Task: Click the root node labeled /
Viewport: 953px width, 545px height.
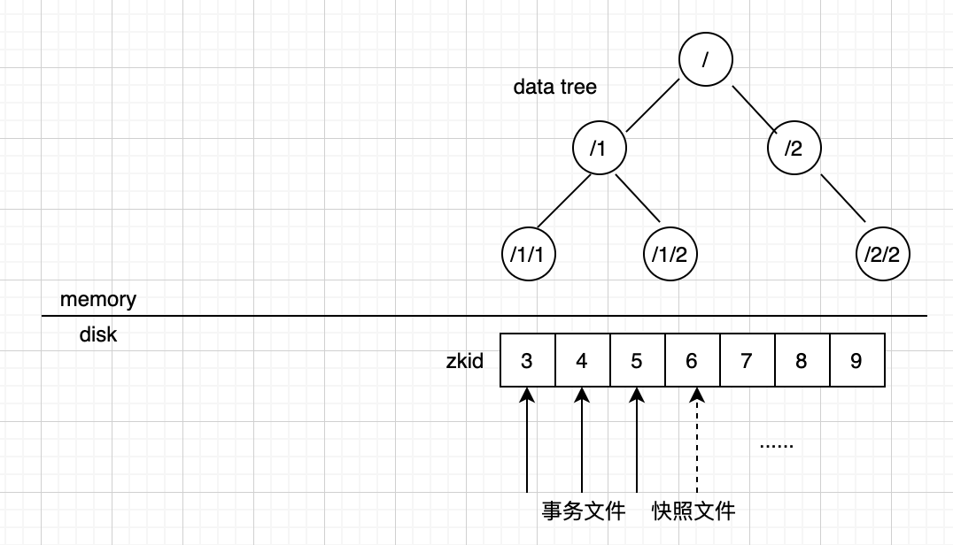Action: tap(706, 59)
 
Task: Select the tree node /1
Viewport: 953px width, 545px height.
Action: tap(600, 148)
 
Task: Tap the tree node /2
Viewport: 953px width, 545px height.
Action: tap(794, 148)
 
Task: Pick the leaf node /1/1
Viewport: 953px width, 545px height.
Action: tap(529, 255)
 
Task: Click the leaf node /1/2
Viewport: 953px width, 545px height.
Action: tap(670, 255)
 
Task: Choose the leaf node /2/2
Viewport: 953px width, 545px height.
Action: tap(883, 255)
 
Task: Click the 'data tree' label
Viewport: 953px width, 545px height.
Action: tap(554, 87)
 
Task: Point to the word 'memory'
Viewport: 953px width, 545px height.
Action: tap(98, 299)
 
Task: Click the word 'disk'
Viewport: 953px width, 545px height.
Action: tap(98, 335)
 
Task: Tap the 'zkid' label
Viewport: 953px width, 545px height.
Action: tap(465, 361)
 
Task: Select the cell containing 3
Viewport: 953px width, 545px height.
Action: tap(528, 360)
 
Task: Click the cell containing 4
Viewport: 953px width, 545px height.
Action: tap(582, 360)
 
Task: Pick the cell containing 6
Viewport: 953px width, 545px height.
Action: tap(692, 360)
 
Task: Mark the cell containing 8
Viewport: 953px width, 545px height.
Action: tap(802, 360)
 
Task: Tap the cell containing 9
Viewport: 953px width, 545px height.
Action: tap(856, 360)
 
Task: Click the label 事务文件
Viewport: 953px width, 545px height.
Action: tap(584, 510)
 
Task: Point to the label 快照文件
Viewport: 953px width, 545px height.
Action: tap(693, 510)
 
